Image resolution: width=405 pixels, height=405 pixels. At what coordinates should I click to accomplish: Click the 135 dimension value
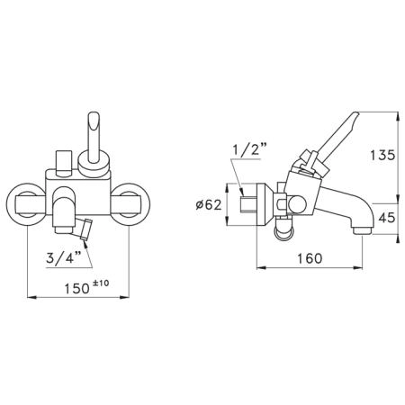(382, 155)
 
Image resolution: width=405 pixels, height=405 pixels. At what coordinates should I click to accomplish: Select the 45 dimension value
(387, 218)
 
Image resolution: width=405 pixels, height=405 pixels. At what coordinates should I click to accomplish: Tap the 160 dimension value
(310, 258)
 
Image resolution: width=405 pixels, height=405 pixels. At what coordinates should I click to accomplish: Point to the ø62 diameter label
(209, 205)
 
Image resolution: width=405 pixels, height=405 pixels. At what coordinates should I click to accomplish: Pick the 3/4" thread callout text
(64, 257)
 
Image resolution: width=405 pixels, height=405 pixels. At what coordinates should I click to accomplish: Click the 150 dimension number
(77, 289)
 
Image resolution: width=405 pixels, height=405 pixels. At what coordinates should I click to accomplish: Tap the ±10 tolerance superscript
(101, 283)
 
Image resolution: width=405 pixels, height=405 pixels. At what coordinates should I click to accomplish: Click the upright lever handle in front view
(94, 138)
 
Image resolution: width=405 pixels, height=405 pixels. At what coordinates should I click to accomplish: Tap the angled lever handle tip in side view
(354, 115)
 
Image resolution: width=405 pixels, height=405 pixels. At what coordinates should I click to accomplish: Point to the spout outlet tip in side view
(363, 231)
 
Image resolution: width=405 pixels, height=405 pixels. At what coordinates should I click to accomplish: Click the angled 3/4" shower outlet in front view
(85, 229)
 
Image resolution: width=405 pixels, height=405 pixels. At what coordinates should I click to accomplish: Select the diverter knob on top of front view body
(64, 163)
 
